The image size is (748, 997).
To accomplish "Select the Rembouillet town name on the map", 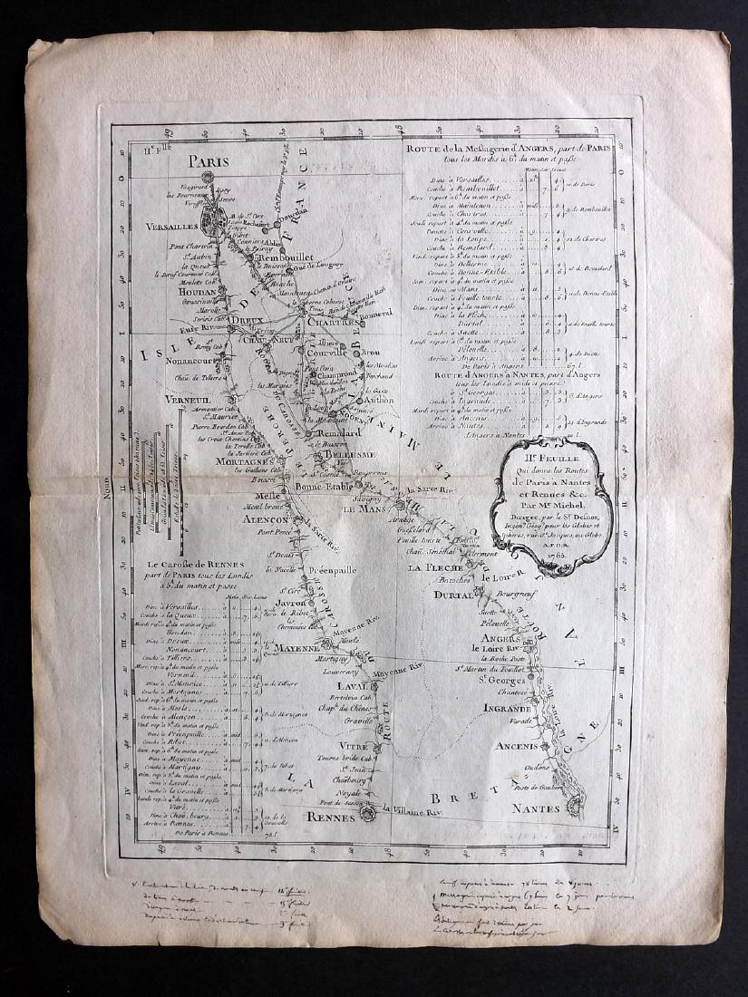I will (x=286, y=259).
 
